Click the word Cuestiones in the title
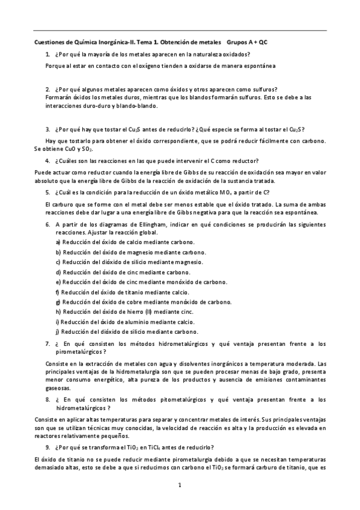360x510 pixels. (47, 43)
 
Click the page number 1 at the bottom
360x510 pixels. (180, 485)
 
